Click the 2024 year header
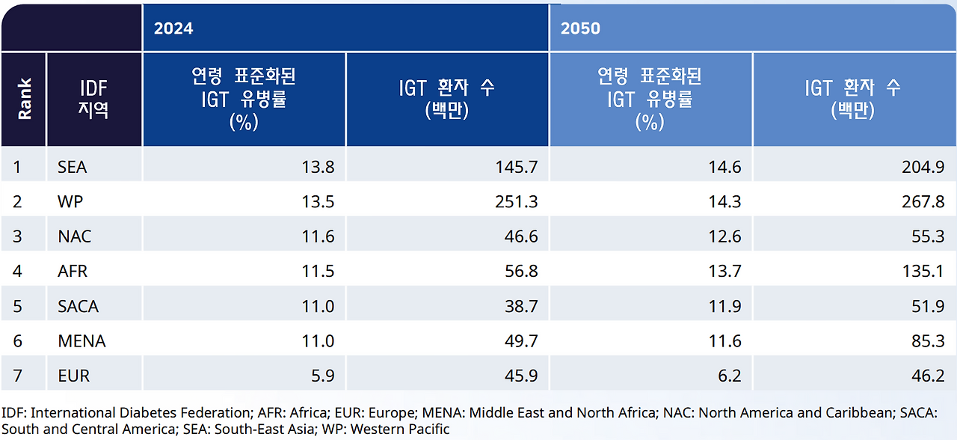click(173, 28)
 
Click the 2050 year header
click(580, 28)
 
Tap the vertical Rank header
click(25, 99)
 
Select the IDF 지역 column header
click(94, 99)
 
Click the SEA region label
click(73, 167)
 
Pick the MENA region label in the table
click(81, 341)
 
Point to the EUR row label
click(74, 376)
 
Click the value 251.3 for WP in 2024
click(517, 202)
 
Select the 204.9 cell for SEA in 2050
click(923, 167)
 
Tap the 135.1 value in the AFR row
click(924, 272)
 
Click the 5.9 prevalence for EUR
click(322, 376)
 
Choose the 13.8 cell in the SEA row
click(319, 167)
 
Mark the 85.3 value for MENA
click(928, 341)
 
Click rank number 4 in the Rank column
click(17, 272)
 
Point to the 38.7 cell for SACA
click(520, 306)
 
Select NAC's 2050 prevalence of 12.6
click(724, 236)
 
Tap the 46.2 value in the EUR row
click(928, 376)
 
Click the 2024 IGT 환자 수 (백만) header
click(446, 99)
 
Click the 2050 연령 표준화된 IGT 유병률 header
click(650, 99)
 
